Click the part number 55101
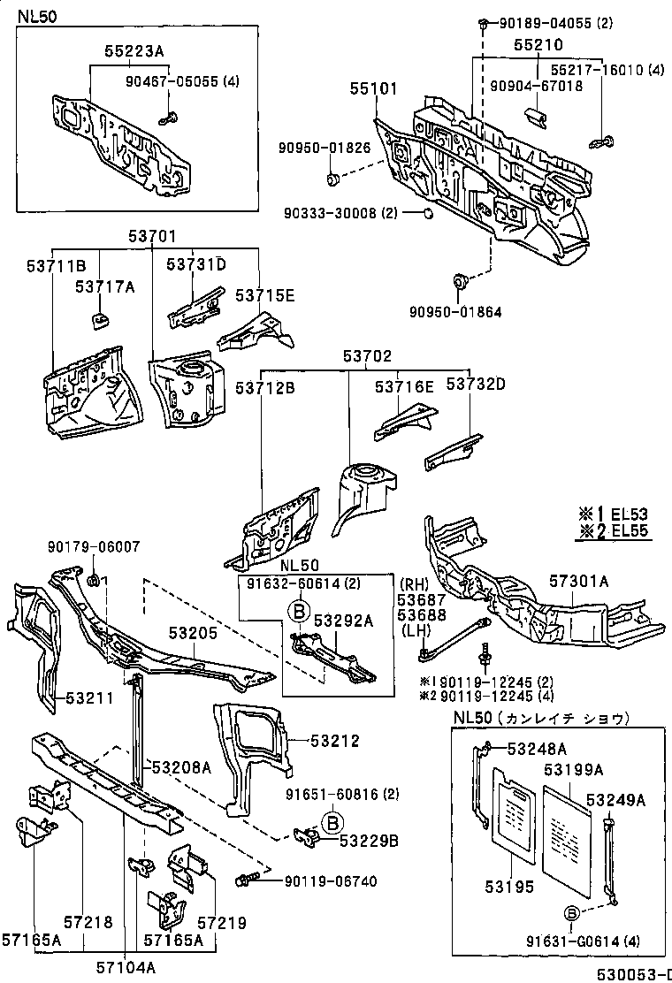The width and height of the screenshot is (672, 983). pyautogui.click(x=373, y=89)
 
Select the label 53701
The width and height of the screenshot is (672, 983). pyautogui.click(x=152, y=236)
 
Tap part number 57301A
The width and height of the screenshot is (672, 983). pyautogui.click(x=578, y=581)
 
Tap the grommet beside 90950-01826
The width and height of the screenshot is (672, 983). pyautogui.click(x=333, y=180)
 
